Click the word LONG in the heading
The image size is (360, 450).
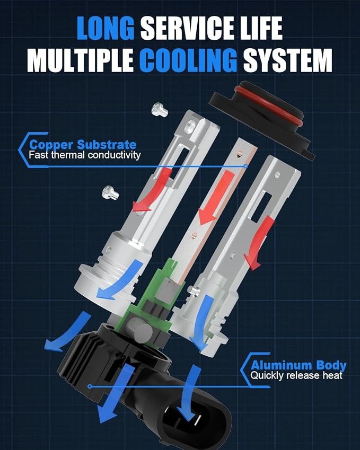(106, 28)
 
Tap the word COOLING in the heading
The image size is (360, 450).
(188, 60)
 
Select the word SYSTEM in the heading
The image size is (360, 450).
(288, 60)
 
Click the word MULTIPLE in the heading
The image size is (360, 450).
(81, 60)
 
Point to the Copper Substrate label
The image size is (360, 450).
(83, 144)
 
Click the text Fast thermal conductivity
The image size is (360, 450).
(85, 155)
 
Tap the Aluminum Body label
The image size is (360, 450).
(298, 365)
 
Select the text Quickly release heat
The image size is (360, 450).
(296, 375)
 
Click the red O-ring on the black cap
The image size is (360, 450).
(268, 106)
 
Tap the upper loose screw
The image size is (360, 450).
(160, 110)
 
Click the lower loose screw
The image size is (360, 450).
(110, 192)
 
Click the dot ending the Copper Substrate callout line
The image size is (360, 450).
(245, 166)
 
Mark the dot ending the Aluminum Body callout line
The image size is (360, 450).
(90, 386)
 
